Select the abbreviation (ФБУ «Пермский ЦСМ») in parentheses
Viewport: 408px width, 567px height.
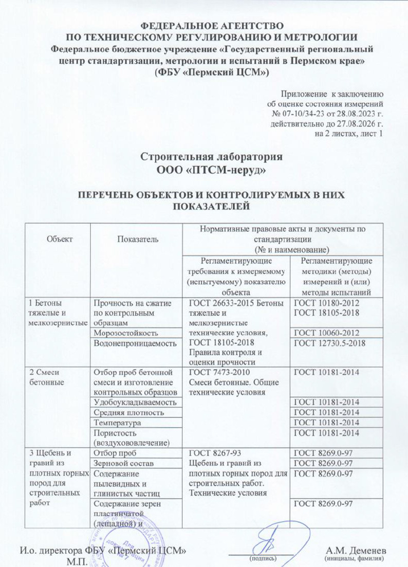tap(212, 72)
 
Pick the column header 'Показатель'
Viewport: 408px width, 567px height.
tap(137, 239)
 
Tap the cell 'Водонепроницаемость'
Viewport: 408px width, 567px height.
tap(133, 343)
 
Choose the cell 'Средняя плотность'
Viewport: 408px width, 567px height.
tap(128, 412)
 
